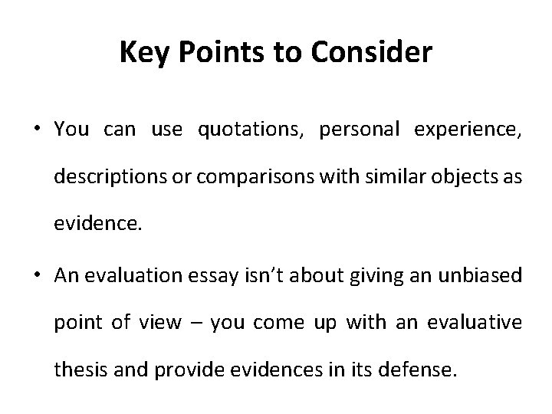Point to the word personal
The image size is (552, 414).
(x=361, y=130)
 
